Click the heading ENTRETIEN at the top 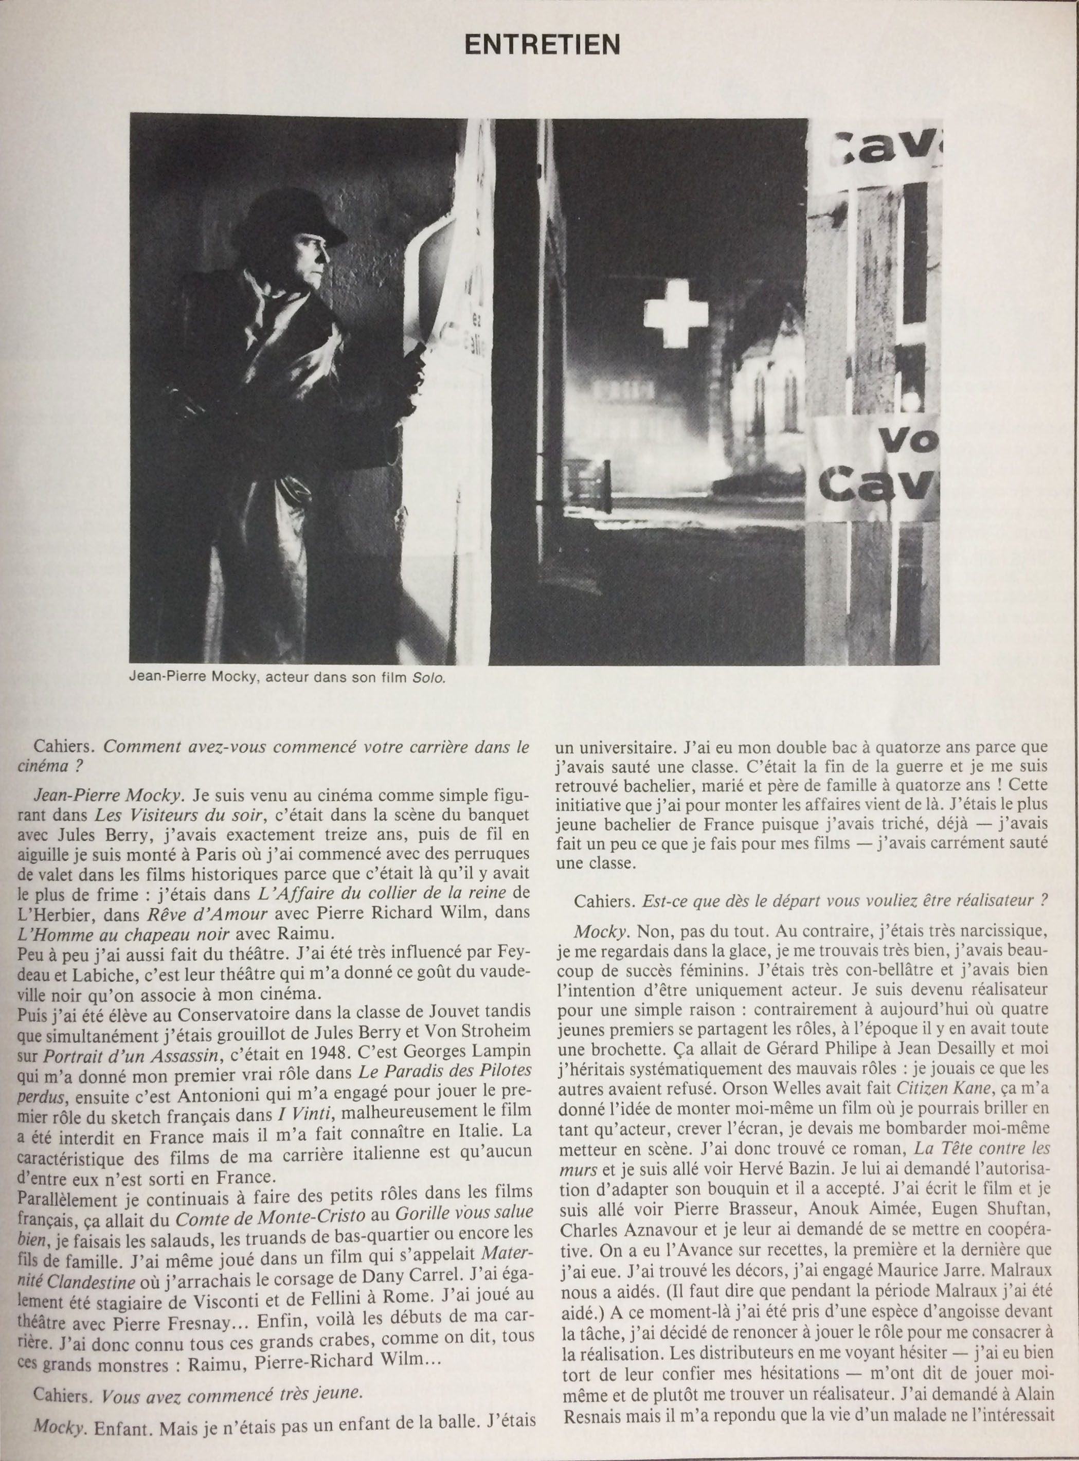(x=542, y=44)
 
